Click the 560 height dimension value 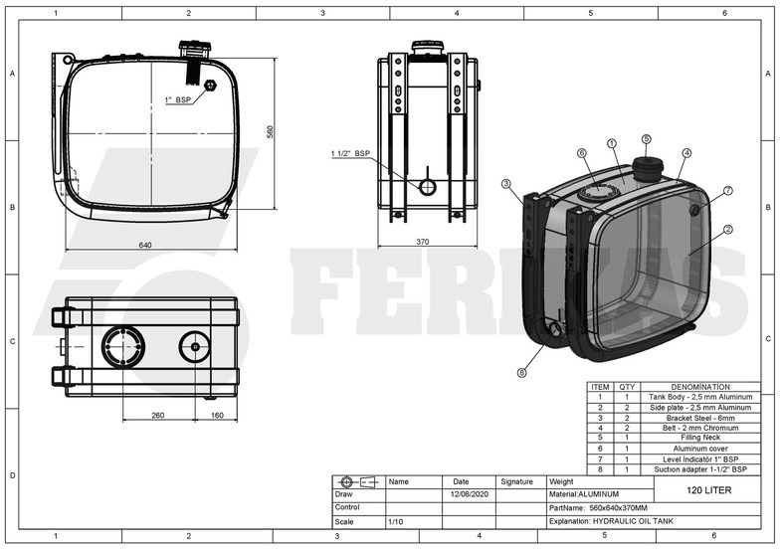[270, 131]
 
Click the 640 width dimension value [145, 246]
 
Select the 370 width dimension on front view [422, 241]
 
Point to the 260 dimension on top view [158, 416]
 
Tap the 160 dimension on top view [216, 416]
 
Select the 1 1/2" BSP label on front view [350, 154]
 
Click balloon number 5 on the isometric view [646, 139]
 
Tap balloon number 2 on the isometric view [728, 230]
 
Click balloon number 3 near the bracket [505, 183]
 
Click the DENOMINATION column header [700, 387]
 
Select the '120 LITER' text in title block [708, 490]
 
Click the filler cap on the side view [191, 49]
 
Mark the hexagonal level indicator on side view [210, 86]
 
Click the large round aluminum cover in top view [122, 346]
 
